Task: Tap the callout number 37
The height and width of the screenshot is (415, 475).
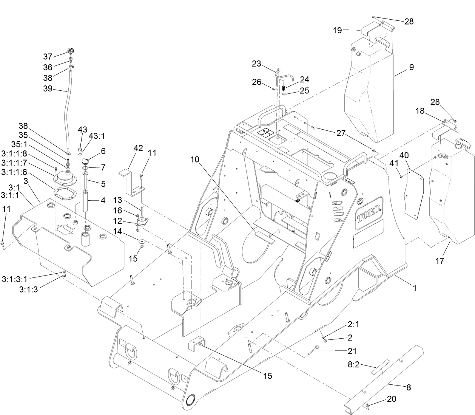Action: point(48,56)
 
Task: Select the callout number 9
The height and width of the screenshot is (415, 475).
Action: point(411,67)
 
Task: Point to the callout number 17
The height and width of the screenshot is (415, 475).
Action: point(440,261)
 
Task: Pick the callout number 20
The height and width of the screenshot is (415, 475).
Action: point(392,399)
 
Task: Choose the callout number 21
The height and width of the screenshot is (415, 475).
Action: point(352,351)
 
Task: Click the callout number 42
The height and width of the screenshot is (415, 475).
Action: point(138,148)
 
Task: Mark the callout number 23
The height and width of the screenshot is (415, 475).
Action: point(256,64)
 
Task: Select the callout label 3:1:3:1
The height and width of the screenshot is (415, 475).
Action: point(15,279)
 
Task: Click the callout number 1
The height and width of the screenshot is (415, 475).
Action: point(414,288)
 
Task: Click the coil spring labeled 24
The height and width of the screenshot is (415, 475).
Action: point(283,88)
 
